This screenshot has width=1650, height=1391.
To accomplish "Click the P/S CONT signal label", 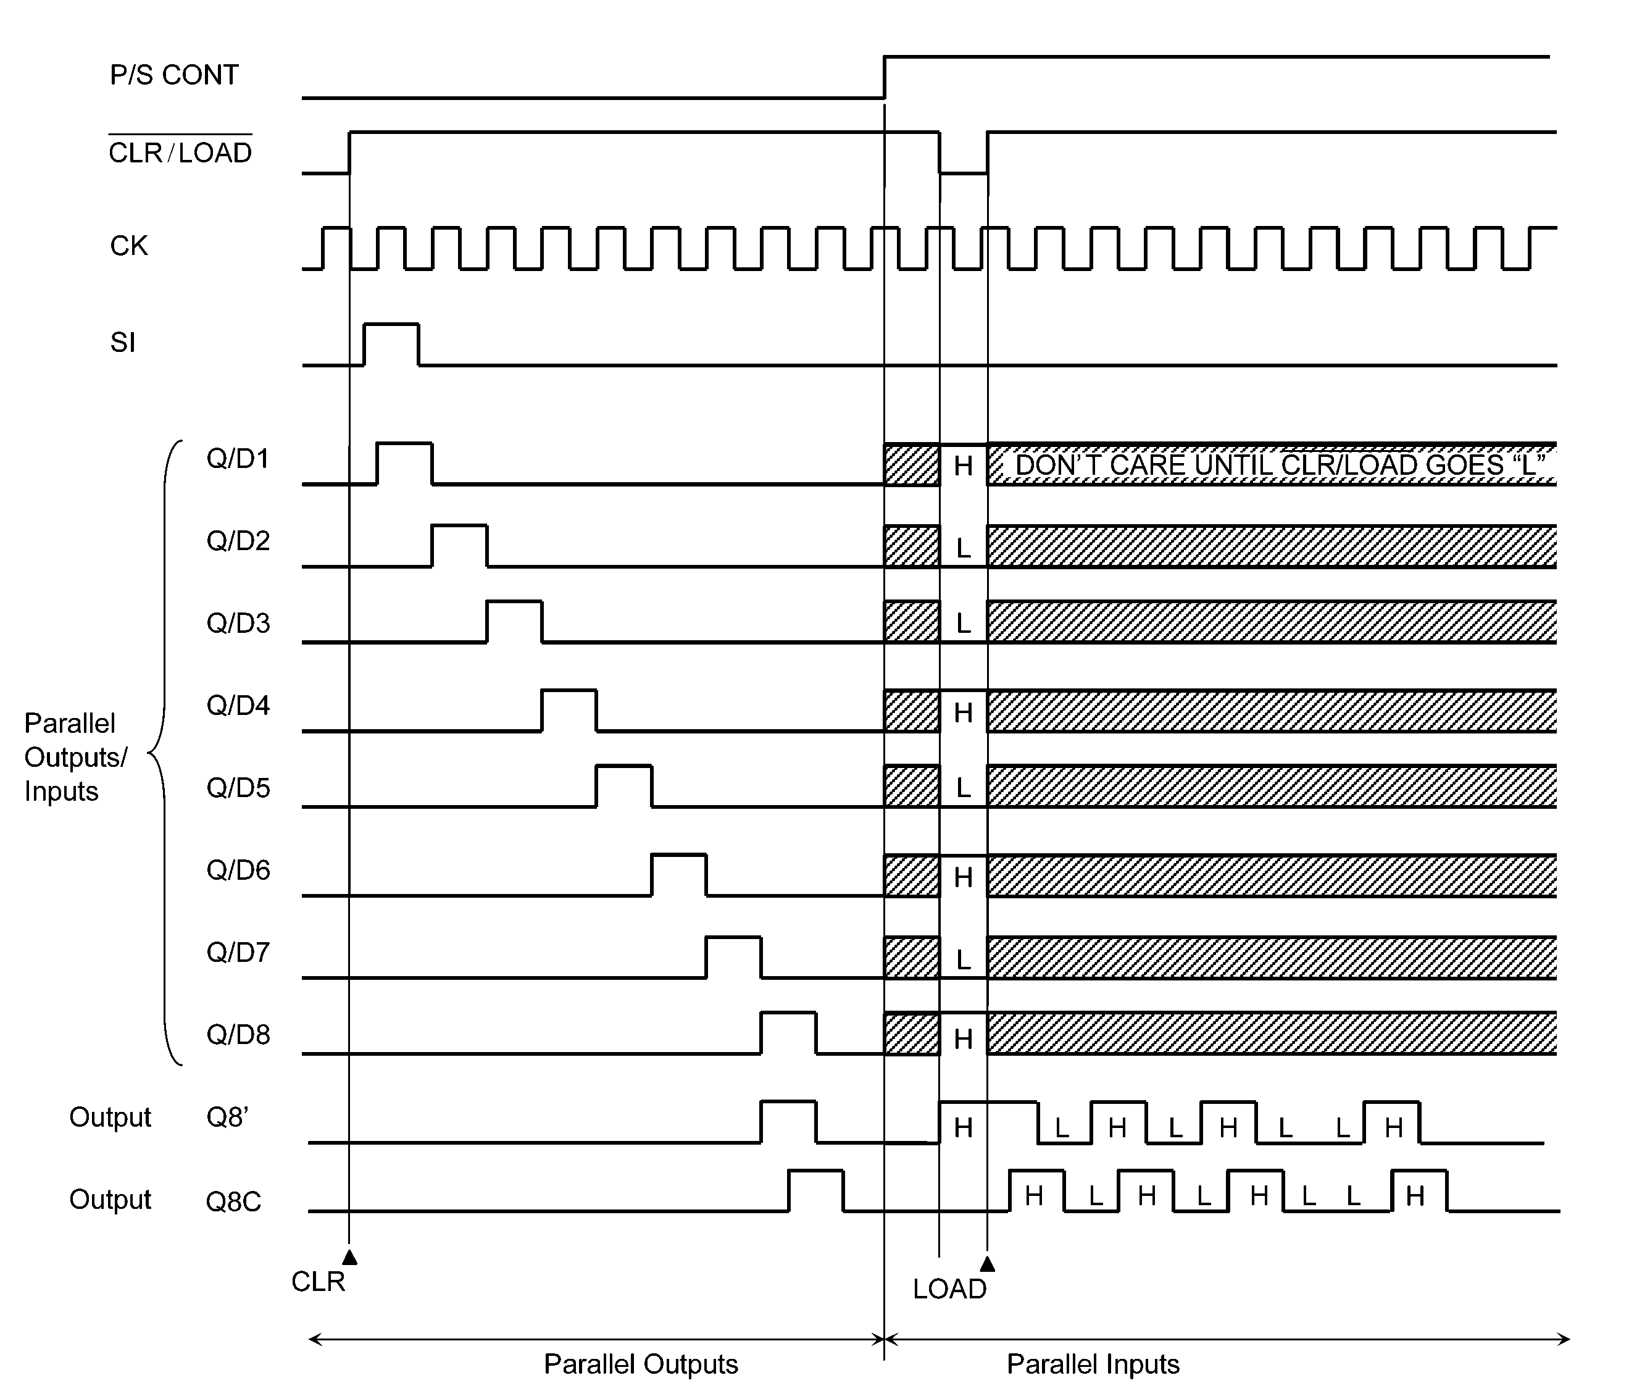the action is [174, 75].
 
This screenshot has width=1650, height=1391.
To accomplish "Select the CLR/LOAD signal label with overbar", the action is [180, 150].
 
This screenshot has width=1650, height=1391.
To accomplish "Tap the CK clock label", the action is [128, 246].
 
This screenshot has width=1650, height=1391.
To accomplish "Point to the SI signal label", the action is [123, 342].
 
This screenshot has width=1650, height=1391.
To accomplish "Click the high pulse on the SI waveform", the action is [391, 324].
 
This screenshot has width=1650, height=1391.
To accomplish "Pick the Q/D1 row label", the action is [238, 458].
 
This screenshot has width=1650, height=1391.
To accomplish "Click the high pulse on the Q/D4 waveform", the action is [569, 691].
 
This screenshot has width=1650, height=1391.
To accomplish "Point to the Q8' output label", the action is [228, 1117].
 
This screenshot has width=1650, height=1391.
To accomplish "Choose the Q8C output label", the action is [233, 1201].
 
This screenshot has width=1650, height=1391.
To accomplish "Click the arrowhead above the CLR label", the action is [349, 1256].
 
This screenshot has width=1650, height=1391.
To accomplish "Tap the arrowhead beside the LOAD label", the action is [987, 1264].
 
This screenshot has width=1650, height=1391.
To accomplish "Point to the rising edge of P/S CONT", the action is [885, 77].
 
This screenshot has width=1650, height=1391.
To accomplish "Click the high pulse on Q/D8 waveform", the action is [788, 1014].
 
